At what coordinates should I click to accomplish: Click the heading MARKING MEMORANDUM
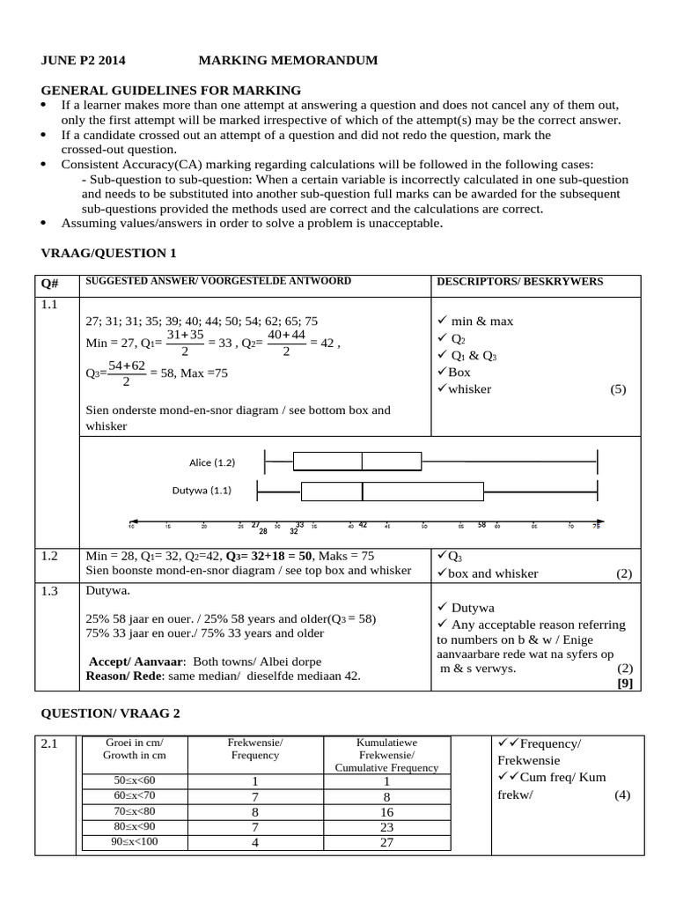pos(288,61)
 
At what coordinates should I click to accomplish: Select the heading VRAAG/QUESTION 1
pos(109,253)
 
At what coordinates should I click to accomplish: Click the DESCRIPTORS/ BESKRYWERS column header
pos(519,282)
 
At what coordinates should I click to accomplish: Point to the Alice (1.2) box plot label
pos(212,462)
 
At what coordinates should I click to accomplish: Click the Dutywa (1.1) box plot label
pos(202,490)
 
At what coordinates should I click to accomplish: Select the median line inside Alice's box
pos(362,461)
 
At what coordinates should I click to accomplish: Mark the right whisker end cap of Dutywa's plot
pos(598,491)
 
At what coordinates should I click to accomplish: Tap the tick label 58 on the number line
pos(481,525)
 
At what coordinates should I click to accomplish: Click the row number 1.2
pos(49,556)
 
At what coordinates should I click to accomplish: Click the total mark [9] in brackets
pos(624,682)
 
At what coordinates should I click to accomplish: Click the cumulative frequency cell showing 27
pos(386,841)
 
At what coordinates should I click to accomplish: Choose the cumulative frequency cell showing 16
pos(386,811)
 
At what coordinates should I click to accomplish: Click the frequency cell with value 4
pos(254,841)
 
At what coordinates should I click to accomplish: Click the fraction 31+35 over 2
pos(185,343)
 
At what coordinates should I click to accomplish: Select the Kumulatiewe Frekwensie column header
pos(386,755)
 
